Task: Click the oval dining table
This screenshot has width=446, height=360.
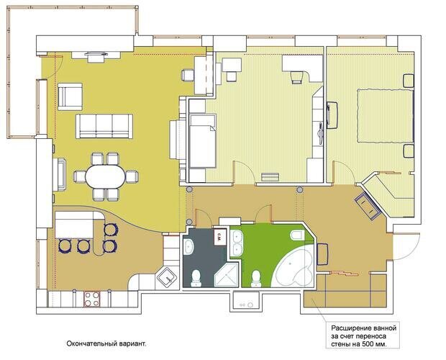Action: (x=106, y=176)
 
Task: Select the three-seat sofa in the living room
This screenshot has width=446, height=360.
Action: (x=104, y=126)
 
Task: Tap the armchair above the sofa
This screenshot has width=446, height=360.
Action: (x=70, y=96)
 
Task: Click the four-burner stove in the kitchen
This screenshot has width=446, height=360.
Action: (x=92, y=299)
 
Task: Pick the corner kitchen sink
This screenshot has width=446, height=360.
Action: (x=168, y=278)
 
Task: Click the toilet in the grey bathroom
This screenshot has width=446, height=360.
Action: (x=196, y=279)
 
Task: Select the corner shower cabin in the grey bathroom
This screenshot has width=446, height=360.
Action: (x=227, y=274)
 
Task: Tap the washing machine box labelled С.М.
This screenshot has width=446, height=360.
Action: (x=219, y=236)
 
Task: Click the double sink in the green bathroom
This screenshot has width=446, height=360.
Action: (x=237, y=243)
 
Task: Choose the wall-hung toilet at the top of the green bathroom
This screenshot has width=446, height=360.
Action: (x=297, y=235)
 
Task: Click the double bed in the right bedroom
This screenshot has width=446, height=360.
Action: (x=386, y=116)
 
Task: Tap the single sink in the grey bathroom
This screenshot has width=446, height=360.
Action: (x=188, y=246)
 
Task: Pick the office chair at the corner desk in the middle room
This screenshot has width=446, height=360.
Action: (x=296, y=78)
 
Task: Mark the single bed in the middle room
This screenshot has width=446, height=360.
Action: (x=203, y=141)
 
